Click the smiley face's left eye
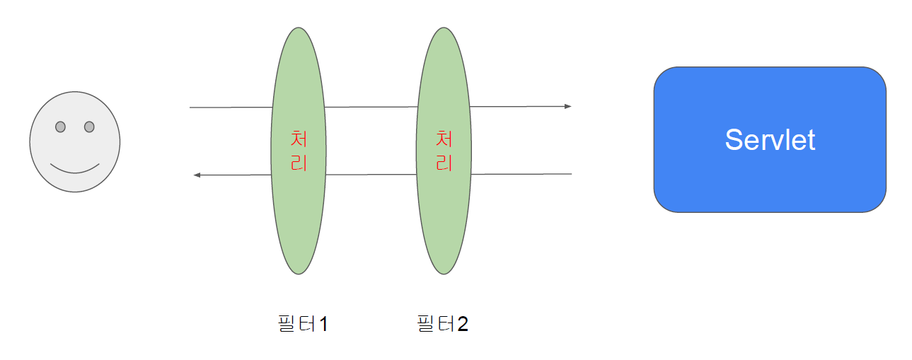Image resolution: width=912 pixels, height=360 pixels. [60, 127]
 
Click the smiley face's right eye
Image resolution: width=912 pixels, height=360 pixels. [89, 127]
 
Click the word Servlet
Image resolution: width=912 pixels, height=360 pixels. [770, 140]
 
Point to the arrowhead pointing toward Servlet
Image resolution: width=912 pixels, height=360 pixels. [567, 107]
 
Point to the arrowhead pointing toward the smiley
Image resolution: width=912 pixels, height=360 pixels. [197, 175]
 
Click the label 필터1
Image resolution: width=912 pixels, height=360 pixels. [303, 324]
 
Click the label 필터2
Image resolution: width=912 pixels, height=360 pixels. [443, 324]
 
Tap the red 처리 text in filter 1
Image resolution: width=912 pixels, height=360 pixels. [299, 150]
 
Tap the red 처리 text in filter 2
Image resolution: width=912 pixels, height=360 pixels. [444, 150]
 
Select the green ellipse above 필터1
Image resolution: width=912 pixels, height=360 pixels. [299, 226]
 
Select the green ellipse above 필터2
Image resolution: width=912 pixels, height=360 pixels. [444, 226]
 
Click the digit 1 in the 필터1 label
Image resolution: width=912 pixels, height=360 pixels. [323, 324]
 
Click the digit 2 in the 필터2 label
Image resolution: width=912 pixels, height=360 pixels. [463, 324]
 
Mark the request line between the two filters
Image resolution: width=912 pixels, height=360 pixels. [371, 108]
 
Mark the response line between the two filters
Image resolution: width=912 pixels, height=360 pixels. [371, 175]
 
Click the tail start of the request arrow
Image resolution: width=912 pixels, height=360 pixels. [191, 108]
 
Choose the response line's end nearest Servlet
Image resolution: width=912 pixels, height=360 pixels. [570, 174]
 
